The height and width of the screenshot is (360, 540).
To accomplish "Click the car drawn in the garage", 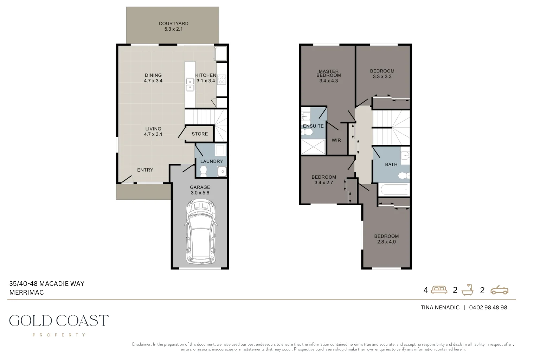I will (x=200, y=232).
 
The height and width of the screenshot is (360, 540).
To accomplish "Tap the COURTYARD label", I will (x=173, y=24).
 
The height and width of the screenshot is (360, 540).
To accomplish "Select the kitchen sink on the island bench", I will (x=190, y=84).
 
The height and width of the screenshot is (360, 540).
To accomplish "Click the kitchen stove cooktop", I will (x=221, y=80).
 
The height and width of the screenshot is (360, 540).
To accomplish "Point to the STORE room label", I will (x=200, y=134).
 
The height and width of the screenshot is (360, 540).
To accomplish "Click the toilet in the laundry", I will (x=204, y=171).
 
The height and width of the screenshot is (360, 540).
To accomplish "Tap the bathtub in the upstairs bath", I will (x=394, y=189).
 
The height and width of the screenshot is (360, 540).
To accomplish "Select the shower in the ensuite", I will (x=313, y=147).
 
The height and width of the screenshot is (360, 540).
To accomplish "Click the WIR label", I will (x=336, y=140).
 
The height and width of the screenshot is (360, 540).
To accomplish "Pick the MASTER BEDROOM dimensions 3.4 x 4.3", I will (x=328, y=81).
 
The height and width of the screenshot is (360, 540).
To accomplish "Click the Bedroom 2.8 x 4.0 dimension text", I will (x=386, y=242).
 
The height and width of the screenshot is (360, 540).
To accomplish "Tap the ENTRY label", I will (x=145, y=170).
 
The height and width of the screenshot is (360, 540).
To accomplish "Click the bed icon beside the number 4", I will (x=439, y=290).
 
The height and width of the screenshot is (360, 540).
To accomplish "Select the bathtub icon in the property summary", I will (x=468, y=290).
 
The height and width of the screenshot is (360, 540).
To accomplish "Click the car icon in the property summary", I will (x=499, y=290).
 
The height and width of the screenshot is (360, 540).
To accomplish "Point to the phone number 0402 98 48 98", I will (x=488, y=308).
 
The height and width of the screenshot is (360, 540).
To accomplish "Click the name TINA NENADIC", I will (x=440, y=308).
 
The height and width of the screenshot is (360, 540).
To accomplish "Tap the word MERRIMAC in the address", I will (x=27, y=292).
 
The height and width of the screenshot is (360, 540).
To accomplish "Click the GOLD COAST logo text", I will (x=59, y=321).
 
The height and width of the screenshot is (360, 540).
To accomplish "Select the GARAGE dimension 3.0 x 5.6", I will (x=200, y=193).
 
